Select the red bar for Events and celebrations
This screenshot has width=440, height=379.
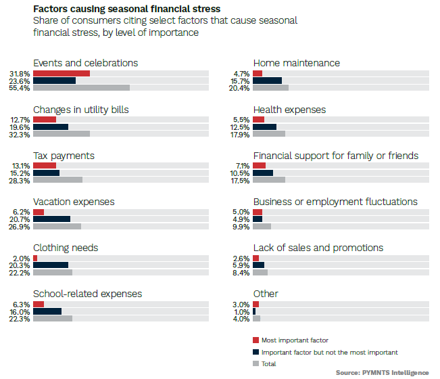pyautogui.click(x=61, y=73)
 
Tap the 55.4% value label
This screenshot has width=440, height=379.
pyautogui.click(x=20, y=88)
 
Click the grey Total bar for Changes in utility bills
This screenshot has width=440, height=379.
pyautogui.click(x=61, y=134)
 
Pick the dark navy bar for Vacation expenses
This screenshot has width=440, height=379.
pyautogui.click(x=51, y=219)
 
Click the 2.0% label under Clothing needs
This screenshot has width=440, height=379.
pyautogui.click(x=22, y=258)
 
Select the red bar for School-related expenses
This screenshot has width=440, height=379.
pyautogui.click(x=39, y=305)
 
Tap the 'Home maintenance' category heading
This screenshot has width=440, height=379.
pyautogui.click(x=296, y=63)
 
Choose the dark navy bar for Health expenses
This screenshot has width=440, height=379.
pyautogui.click(x=264, y=127)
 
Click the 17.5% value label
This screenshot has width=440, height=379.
pyautogui.click(x=240, y=181)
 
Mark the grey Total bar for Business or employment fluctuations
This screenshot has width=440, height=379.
pyautogui.click(x=262, y=226)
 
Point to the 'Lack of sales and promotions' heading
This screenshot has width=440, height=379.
pyautogui.click(x=318, y=248)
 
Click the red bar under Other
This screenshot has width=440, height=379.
pyautogui.click(x=255, y=305)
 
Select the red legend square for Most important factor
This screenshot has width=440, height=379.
pyautogui.click(x=255, y=340)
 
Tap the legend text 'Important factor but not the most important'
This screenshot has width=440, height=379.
pyautogui.click(x=329, y=352)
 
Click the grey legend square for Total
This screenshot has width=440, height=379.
pyautogui.click(x=255, y=363)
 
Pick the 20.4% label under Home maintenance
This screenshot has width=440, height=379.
pyautogui.click(x=240, y=88)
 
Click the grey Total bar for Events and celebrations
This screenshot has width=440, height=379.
pyautogui.click(x=81, y=87)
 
